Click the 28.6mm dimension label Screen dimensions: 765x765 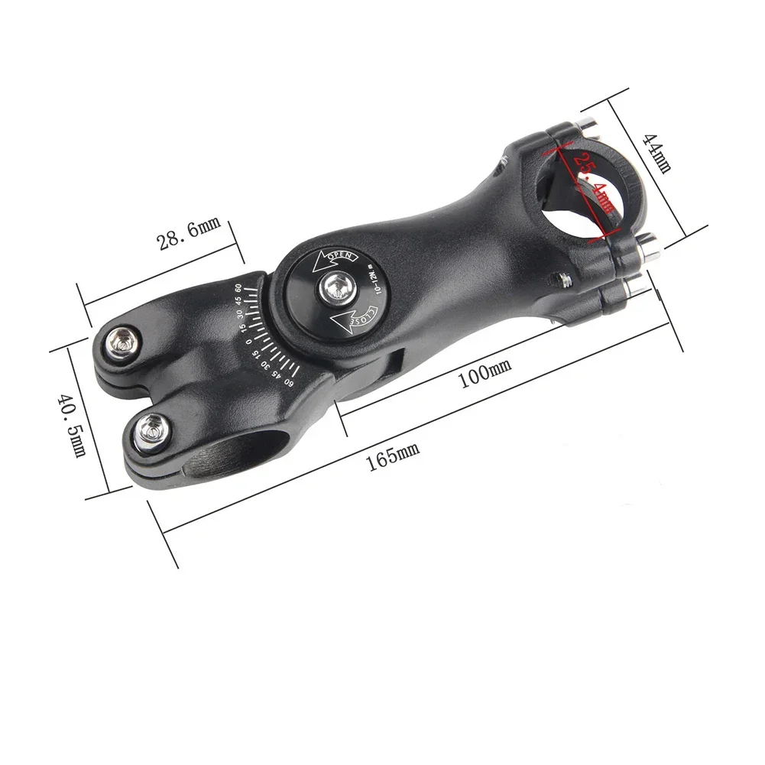(x=188, y=233)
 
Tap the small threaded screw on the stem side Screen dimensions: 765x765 (x=562, y=280)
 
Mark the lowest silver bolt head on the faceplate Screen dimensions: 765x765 (x=634, y=287)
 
